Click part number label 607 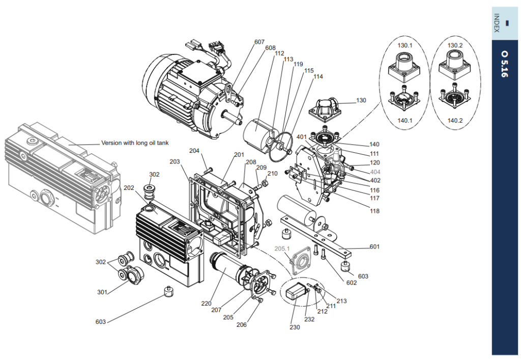pos(259,42)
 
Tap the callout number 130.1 pos(404,45)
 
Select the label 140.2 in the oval pos(455,120)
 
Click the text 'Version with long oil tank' pos(135,143)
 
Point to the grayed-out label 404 pos(375,172)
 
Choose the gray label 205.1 pos(282,248)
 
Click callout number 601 pos(374,246)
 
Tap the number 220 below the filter pos(207,303)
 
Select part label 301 pos(102,292)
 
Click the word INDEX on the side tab pos(497,23)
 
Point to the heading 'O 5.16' pos(504,64)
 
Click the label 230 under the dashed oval pos(295,327)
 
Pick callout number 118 pos(374,211)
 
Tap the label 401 pos(302,137)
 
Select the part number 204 pos(194,151)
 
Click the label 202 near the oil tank pos(129,188)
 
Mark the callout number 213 pos(341,301)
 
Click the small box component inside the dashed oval pos(296,292)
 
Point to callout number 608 pos(271,48)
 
